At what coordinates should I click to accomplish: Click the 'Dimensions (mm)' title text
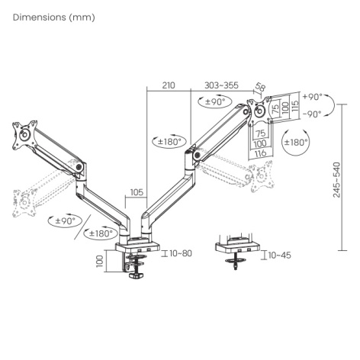[54, 18]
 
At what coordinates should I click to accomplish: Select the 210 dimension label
[169, 85]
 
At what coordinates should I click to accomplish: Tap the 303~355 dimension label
[221, 85]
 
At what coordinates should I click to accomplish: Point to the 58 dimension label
[260, 87]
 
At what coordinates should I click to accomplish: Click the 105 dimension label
[137, 192]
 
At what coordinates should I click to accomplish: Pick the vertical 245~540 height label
[336, 180]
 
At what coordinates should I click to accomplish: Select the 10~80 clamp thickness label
[181, 253]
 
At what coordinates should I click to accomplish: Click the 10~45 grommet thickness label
[279, 255]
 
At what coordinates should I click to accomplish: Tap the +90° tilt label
[313, 97]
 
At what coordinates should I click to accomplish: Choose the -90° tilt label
[312, 114]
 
